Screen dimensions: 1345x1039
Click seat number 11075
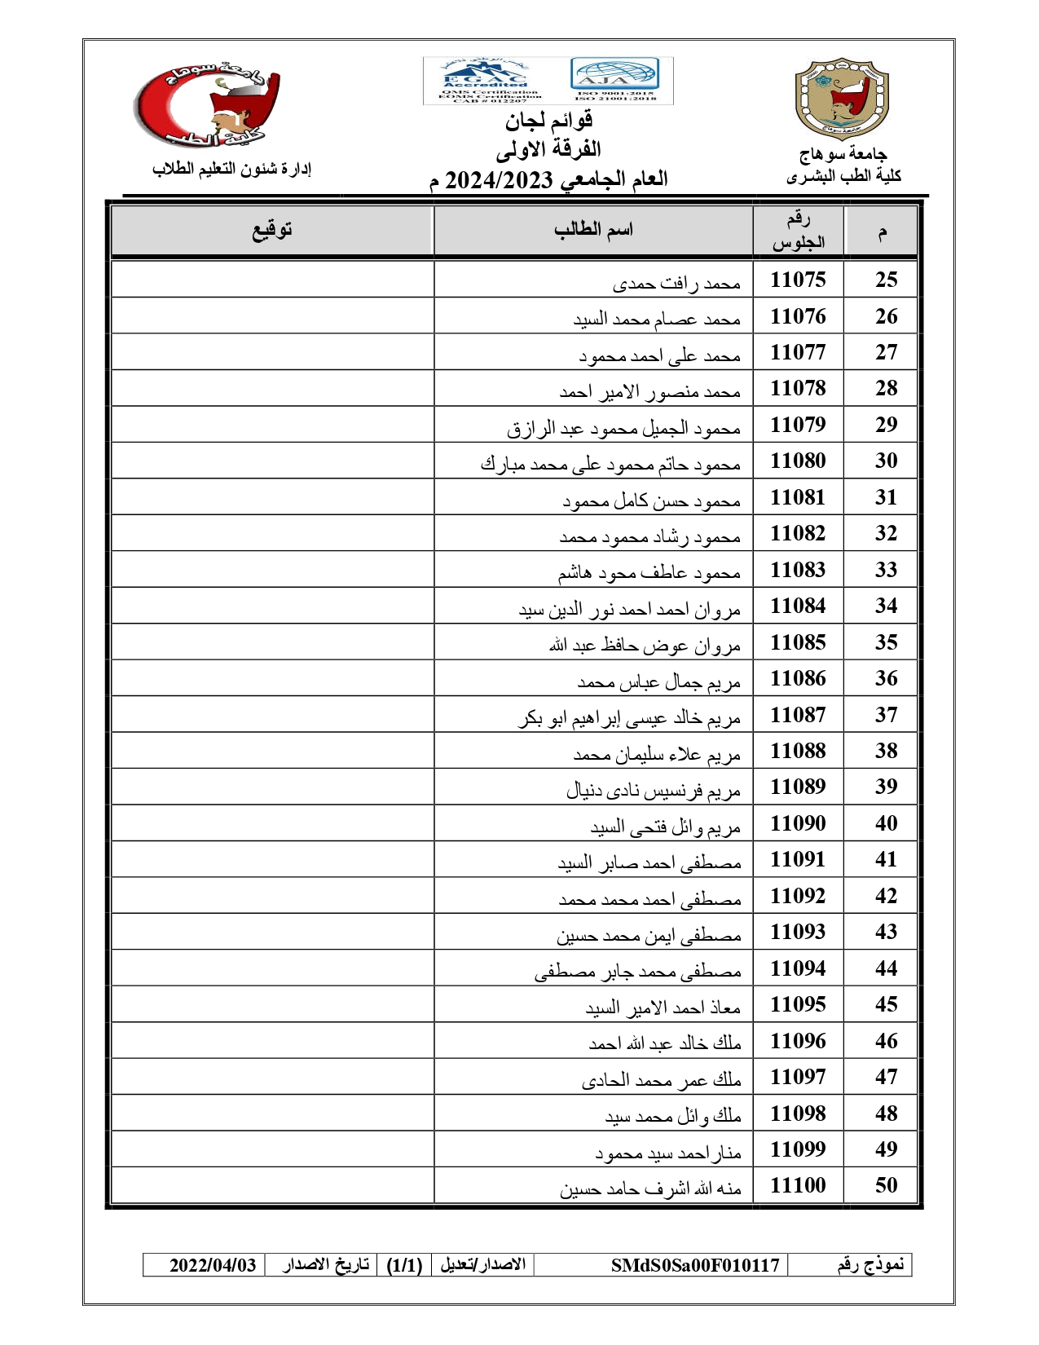pyautogui.click(x=798, y=280)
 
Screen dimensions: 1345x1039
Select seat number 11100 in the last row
pyautogui.click(x=798, y=1185)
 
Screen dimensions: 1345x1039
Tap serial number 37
pyautogui.click(x=886, y=715)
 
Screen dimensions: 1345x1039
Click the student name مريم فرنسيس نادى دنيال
pyautogui.click(x=654, y=791)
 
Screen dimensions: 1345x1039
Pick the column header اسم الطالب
pyautogui.click(x=593, y=230)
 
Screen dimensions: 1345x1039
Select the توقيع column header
pyautogui.click(x=271, y=230)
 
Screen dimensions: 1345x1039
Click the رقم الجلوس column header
pyautogui.click(x=798, y=231)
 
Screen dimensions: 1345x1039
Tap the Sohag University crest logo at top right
pyautogui.click(x=841, y=98)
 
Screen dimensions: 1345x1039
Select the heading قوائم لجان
pyautogui.click(x=548, y=121)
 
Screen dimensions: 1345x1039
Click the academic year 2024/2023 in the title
pyautogui.click(x=499, y=179)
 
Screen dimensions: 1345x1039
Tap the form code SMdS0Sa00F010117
pyautogui.click(x=695, y=1265)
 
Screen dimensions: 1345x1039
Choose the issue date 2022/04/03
pyautogui.click(x=213, y=1265)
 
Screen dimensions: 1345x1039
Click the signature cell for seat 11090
pyautogui.click(x=272, y=823)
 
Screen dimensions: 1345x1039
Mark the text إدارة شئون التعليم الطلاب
pyautogui.click(x=232, y=169)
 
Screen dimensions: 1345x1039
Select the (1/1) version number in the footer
pyautogui.click(x=404, y=1265)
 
